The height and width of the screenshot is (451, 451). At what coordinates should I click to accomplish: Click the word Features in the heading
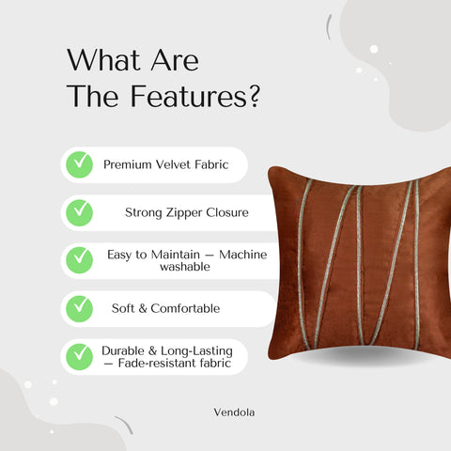click(x=184, y=97)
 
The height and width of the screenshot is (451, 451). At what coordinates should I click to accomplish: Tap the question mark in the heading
click(x=252, y=97)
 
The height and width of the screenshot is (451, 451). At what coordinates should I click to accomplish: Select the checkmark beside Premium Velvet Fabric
click(x=80, y=164)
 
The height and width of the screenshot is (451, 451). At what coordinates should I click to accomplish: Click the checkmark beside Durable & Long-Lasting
click(x=80, y=356)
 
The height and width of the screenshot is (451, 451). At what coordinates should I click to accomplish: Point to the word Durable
click(x=124, y=350)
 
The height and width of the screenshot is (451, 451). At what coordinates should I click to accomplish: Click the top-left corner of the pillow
click(x=271, y=170)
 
